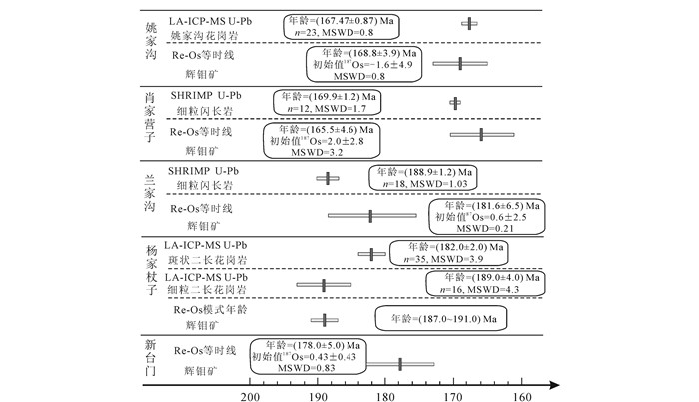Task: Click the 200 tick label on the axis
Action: coord(249,396)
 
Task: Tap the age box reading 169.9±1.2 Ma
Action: coord(330,102)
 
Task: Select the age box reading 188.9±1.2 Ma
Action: coord(423,178)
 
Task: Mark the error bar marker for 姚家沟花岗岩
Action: coord(469,23)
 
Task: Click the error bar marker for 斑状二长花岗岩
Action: coord(372,254)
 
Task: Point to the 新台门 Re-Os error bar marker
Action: coord(401,365)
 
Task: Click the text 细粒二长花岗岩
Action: coord(205,292)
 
